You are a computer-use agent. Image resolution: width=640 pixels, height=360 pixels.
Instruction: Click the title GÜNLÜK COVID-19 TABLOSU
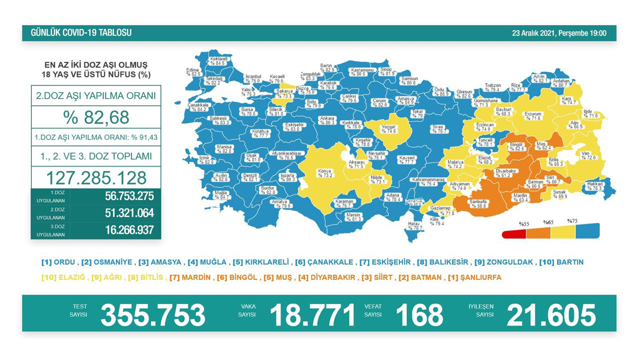coord(81,33)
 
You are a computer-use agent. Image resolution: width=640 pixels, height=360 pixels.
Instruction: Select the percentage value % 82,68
coord(96,117)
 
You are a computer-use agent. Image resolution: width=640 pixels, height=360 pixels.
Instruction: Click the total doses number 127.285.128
coord(96,178)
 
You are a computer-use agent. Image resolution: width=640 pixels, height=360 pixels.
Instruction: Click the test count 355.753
coord(153,314)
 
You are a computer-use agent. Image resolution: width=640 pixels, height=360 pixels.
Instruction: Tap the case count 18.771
coord(312,314)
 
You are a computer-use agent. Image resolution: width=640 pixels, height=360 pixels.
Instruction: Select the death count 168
coord(419,314)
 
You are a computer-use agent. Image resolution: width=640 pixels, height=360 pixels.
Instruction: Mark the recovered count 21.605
coord(551,314)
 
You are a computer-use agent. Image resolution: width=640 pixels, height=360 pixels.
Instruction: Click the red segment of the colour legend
coord(514,233)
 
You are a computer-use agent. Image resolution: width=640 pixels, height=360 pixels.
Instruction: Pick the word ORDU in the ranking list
coord(65,262)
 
